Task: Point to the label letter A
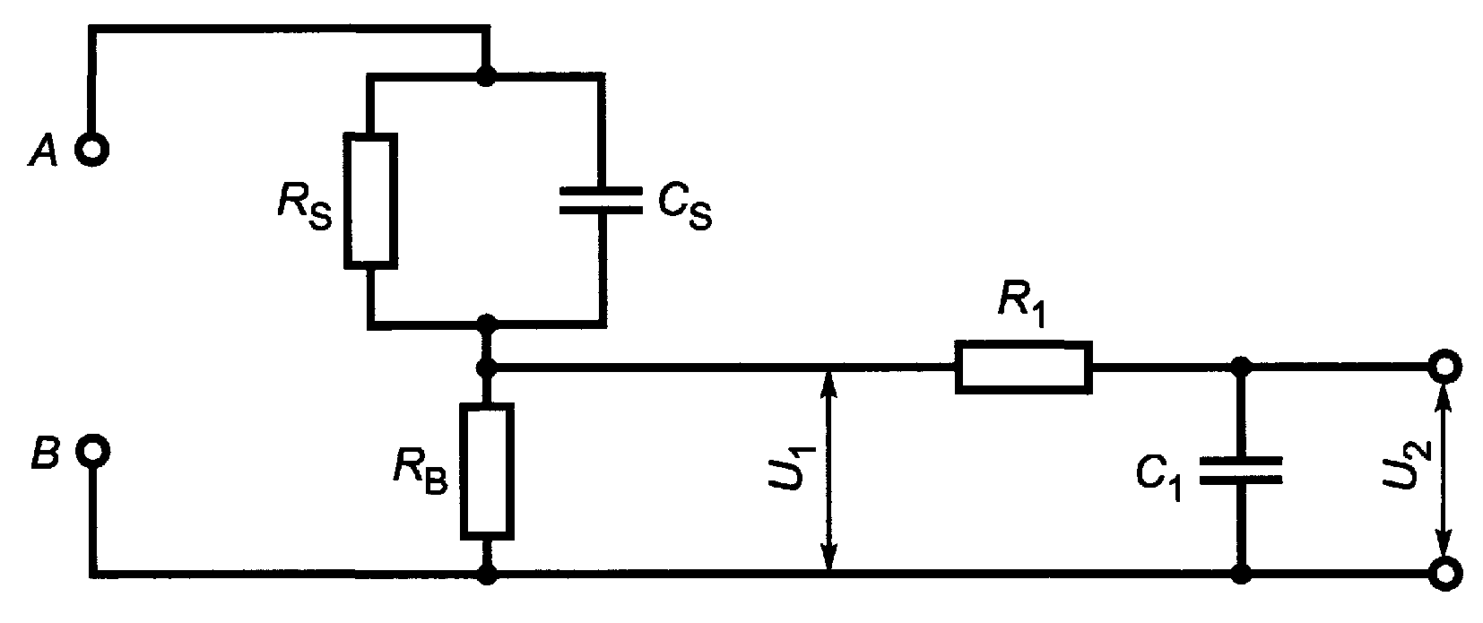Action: click(x=44, y=151)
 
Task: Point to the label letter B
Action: click(x=47, y=453)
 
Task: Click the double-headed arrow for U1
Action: click(x=828, y=470)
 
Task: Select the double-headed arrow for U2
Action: click(x=1444, y=470)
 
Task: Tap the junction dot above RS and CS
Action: click(x=487, y=76)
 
